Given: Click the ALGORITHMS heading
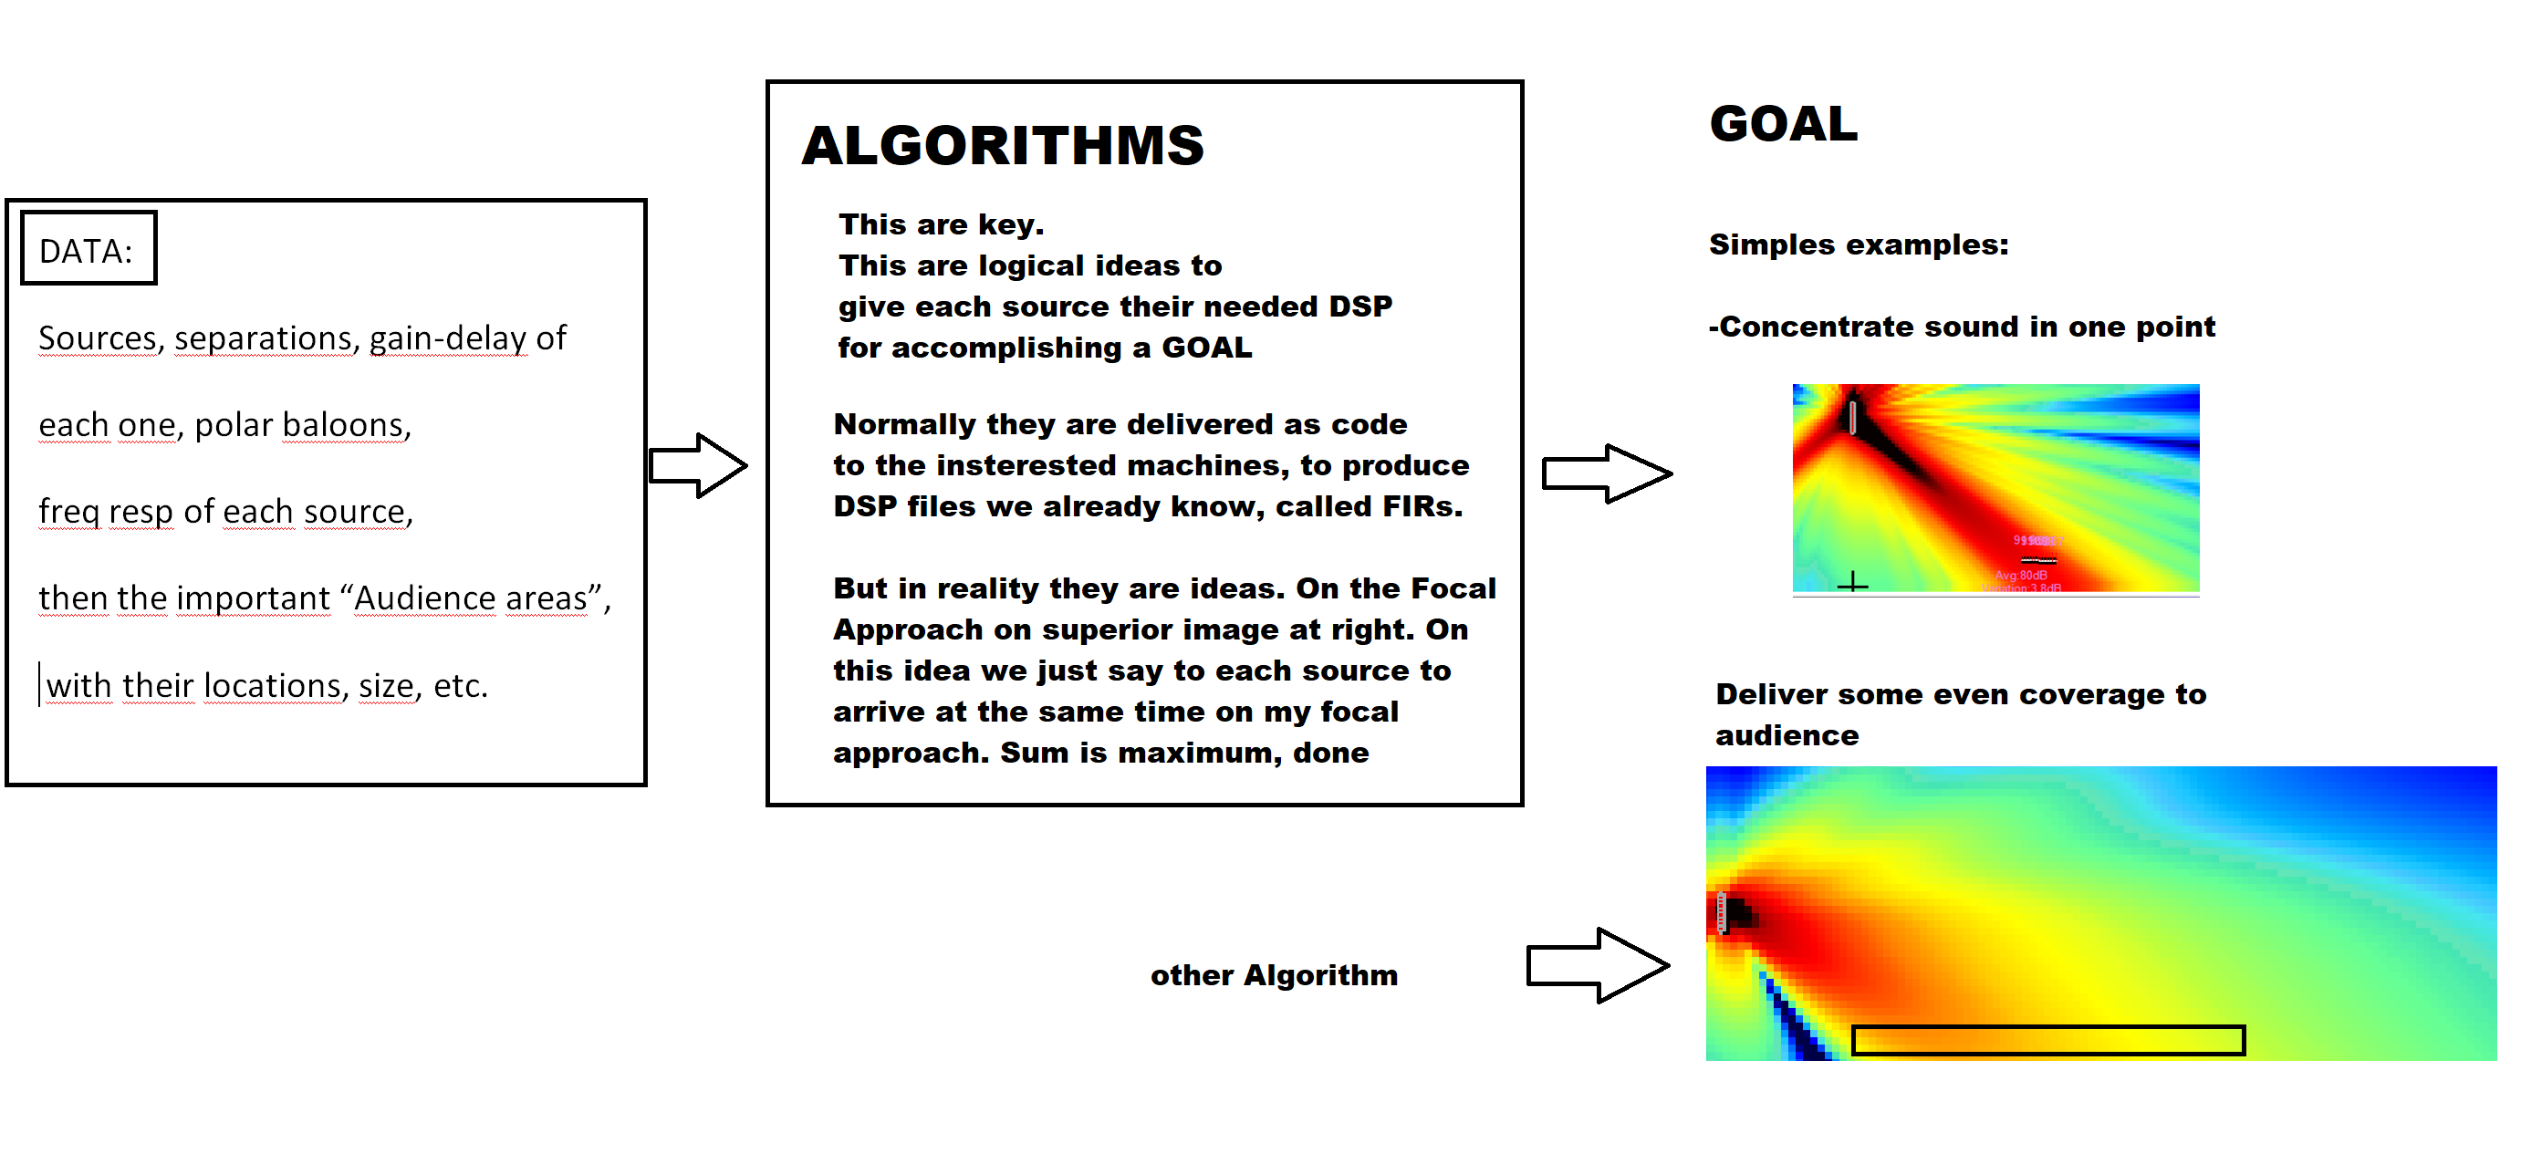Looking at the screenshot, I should tap(1002, 146).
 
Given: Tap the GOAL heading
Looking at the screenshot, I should tap(1783, 124).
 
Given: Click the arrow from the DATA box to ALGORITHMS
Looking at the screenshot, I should tap(698, 466).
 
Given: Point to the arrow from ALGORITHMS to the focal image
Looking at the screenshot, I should tap(1606, 473).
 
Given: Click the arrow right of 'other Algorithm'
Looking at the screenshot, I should tap(1597, 965).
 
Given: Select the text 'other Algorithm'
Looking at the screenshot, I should tap(1273, 975).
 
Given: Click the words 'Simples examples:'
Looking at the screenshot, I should tap(1858, 244).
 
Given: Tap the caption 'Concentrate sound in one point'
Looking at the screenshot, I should tap(1966, 327).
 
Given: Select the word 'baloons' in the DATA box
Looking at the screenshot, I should tap(342, 425).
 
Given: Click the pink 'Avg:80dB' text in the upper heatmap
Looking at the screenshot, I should tap(2020, 575).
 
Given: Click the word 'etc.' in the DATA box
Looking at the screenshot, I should tap(460, 685).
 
